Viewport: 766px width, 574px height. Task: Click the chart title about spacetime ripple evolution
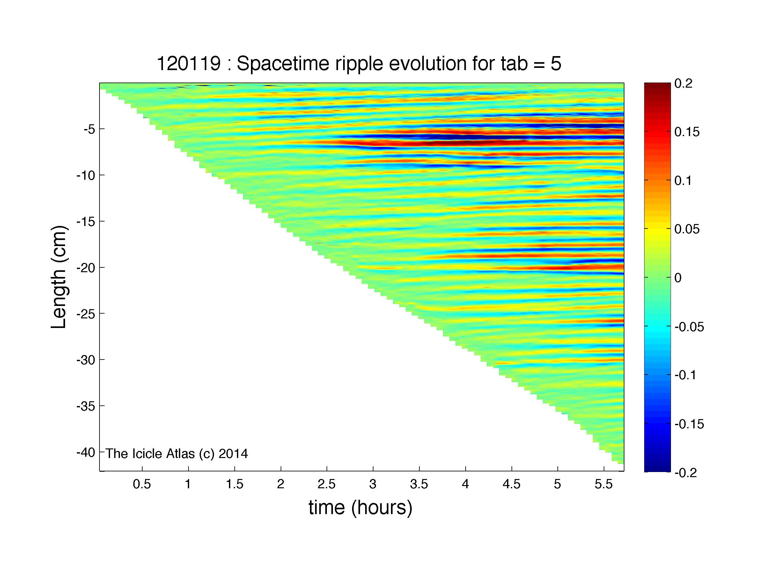click(359, 64)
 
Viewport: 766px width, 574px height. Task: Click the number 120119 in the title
click(189, 64)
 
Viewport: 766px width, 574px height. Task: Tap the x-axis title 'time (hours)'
click(360, 508)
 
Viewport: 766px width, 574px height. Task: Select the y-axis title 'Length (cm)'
click(59, 277)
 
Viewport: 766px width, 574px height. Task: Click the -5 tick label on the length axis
click(89, 129)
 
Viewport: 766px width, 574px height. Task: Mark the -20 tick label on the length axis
click(85, 268)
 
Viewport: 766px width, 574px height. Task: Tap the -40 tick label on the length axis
click(85, 453)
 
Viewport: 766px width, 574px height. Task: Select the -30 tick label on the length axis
click(85, 360)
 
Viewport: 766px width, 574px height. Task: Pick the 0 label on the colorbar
click(678, 278)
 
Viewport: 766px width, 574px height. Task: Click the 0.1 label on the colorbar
click(683, 181)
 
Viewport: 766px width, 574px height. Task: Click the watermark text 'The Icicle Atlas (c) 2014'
click(177, 454)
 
